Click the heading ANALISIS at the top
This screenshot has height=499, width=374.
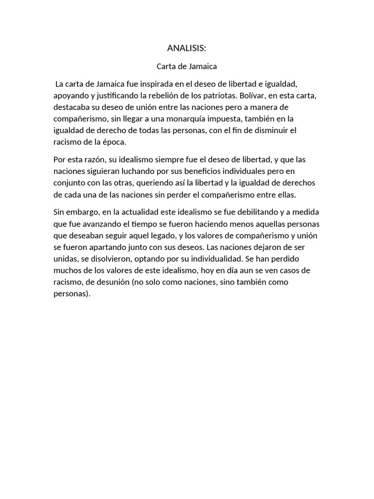click(187, 48)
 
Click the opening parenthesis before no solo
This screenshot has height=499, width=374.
click(133, 282)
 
